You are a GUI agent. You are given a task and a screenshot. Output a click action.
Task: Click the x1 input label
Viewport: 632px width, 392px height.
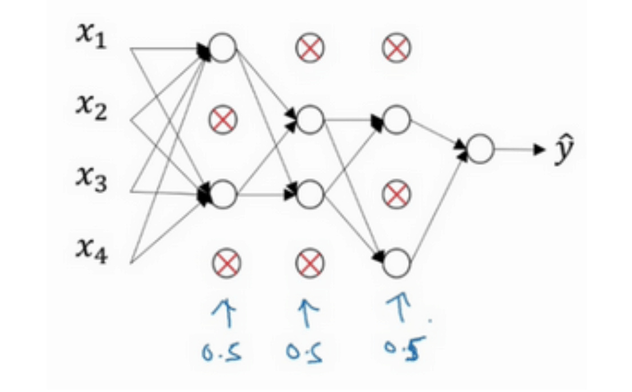click(91, 38)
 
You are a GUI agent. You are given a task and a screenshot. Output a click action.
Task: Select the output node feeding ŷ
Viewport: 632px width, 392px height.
click(480, 149)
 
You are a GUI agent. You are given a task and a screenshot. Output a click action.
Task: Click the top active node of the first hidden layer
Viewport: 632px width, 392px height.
click(223, 48)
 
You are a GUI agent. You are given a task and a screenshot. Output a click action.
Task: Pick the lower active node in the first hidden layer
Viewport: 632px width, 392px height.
click(223, 194)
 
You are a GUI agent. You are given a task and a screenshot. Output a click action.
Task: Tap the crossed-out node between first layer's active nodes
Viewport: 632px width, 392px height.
click(223, 119)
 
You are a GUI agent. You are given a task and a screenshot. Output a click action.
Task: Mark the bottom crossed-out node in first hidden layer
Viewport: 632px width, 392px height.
click(227, 263)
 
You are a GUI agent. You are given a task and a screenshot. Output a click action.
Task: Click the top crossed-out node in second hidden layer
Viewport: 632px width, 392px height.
click(310, 48)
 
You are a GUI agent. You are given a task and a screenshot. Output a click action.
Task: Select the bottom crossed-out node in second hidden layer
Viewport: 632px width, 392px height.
click(310, 263)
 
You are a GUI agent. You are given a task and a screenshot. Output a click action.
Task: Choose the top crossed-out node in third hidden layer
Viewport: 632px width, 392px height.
click(397, 48)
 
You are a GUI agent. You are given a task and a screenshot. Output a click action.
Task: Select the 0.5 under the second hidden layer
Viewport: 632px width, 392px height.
click(305, 353)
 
